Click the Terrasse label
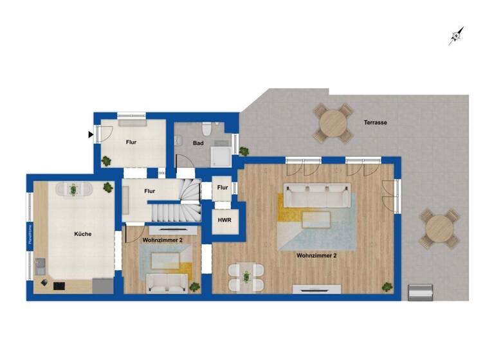375,122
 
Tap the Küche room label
82,234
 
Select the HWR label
224,221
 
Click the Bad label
198,143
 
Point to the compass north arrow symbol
456,36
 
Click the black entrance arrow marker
91,134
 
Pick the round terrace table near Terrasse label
333,122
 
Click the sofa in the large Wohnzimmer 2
315,196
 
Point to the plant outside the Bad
244,151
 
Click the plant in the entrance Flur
105,161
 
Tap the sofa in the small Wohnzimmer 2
167,282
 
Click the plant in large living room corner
387,287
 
